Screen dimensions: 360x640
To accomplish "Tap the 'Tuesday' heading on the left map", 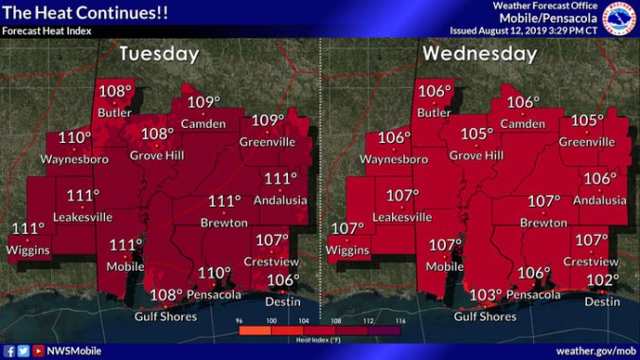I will pyautogui.click(x=158, y=54).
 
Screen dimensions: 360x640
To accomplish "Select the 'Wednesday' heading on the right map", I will pyautogui.click(x=480, y=54).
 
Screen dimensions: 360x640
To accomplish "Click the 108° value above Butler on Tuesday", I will pyautogui.click(x=116, y=93).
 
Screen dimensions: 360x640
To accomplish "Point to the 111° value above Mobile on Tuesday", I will pyautogui.click(x=126, y=245).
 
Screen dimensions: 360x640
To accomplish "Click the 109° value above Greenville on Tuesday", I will pyautogui.click(x=268, y=121).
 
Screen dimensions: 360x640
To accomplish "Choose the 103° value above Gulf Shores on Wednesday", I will pyautogui.click(x=487, y=296).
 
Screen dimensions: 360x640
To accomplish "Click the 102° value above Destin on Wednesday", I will pyautogui.click(x=602, y=280).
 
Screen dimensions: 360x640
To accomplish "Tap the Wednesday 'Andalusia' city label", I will pyautogui.click(x=599, y=200).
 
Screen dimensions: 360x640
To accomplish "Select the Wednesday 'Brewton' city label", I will pyautogui.click(x=542, y=223).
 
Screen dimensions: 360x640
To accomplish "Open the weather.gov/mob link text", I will pyautogui.click(x=593, y=351).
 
